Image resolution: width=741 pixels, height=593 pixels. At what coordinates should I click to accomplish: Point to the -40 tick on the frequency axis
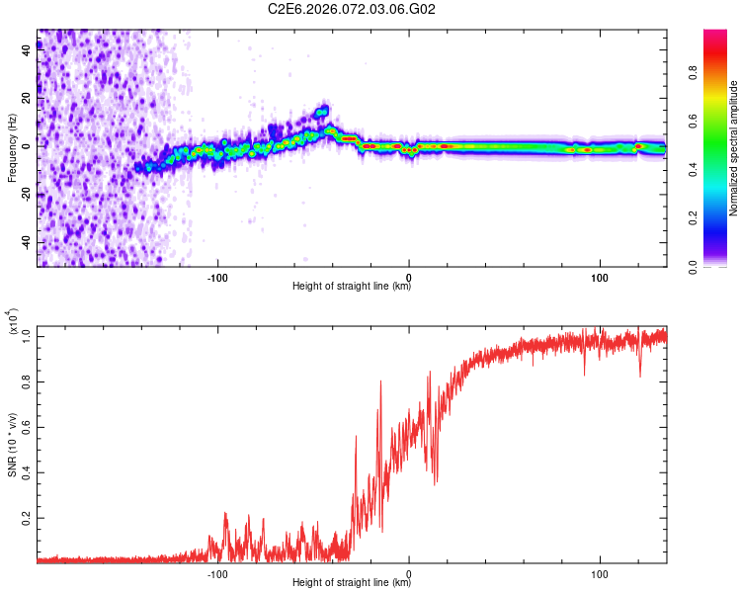(x=24, y=242)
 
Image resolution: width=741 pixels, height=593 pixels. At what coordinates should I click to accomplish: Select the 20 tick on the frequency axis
(x=27, y=98)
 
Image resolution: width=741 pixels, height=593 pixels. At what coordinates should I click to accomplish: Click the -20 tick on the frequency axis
(x=24, y=195)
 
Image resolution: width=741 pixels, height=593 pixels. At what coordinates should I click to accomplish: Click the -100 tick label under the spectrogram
(x=217, y=276)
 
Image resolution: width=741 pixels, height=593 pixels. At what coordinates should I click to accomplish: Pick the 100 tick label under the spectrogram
(x=600, y=276)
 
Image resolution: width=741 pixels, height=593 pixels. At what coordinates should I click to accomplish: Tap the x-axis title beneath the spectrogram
(x=352, y=288)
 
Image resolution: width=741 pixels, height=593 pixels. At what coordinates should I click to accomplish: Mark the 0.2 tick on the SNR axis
(x=25, y=517)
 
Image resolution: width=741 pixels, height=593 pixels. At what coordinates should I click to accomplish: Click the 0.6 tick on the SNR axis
(x=25, y=426)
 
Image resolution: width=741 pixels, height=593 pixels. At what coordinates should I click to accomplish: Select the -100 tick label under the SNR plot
(x=217, y=573)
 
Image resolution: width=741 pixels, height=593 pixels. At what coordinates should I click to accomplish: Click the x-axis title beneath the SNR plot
(x=352, y=584)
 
